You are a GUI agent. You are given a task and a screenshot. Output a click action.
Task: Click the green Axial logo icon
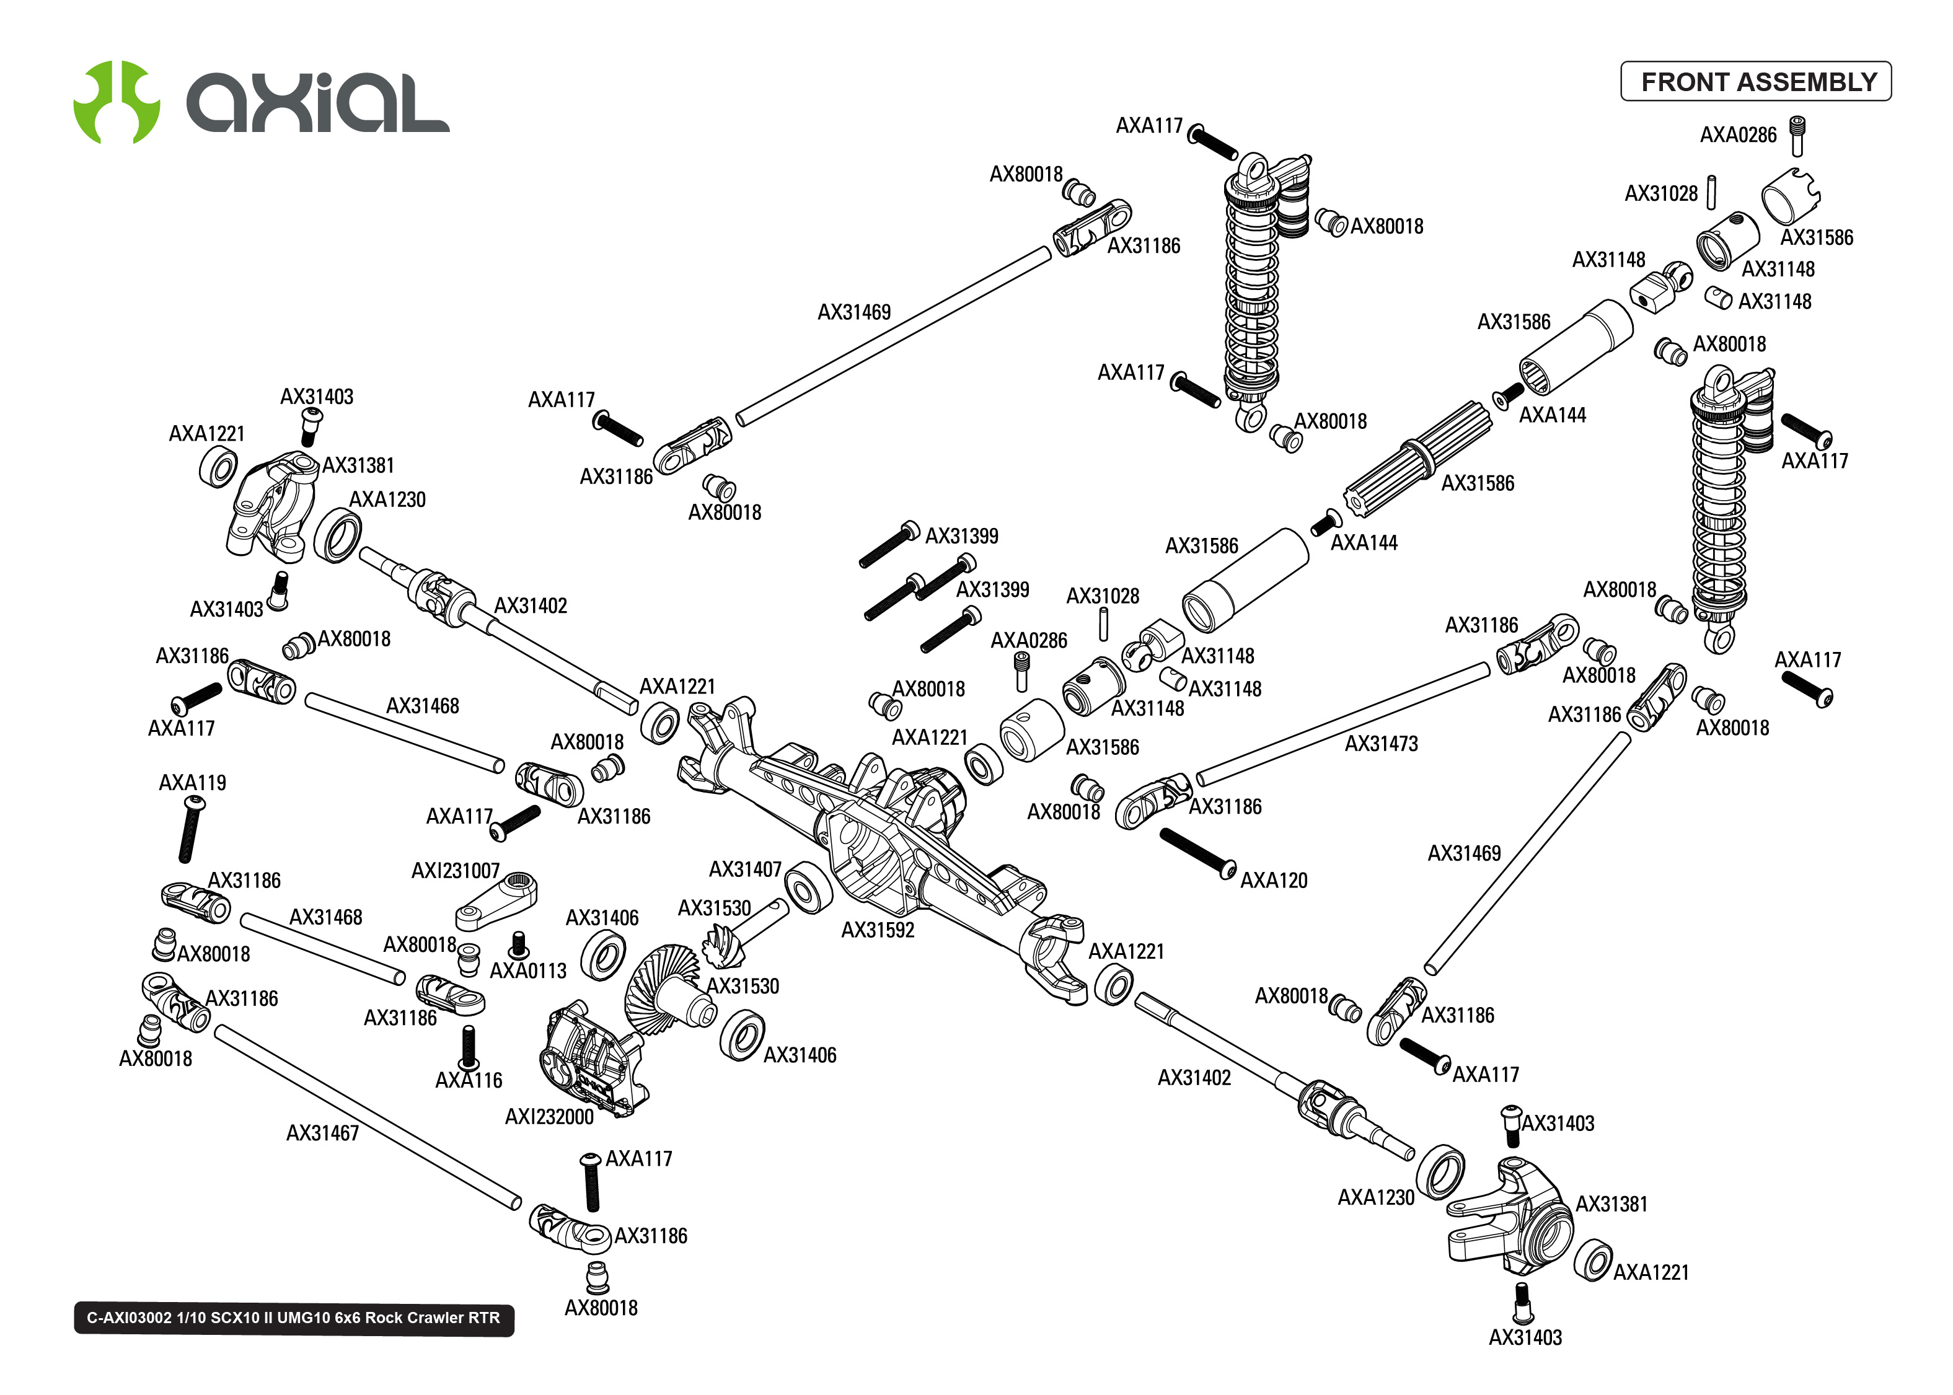(x=116, y=102)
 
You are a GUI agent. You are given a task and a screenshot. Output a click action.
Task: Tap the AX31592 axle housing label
(x=877, y=930)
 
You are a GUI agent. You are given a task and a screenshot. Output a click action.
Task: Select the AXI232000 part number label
(x=549, y=1117)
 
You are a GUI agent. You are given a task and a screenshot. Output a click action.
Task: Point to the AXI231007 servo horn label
(x=455, y=871)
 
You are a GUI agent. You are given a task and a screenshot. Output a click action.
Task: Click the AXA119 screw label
(x=192, y=783)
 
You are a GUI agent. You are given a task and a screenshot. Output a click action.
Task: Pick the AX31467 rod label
(x=322, y=1133)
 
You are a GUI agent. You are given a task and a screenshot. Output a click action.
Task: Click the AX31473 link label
(x=1381, y=744)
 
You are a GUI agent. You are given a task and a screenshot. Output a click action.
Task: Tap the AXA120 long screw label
(x=1274, y=881)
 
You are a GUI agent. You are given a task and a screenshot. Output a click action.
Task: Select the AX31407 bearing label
(x=744, y=869)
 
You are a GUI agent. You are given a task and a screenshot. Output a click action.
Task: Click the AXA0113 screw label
(x=528, y=970)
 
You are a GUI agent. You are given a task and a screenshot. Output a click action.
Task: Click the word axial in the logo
(x=318, y=103)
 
